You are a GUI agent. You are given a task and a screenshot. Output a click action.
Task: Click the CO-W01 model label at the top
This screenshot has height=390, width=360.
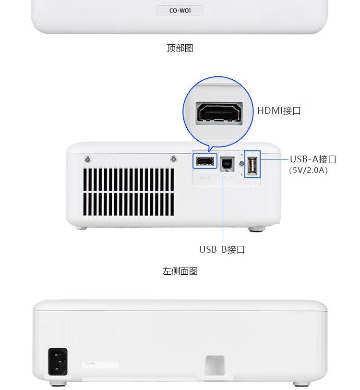pyautogui.click(x=180, y=11)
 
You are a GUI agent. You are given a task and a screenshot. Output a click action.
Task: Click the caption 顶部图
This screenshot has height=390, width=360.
pyautogui.click(x=180, y=48)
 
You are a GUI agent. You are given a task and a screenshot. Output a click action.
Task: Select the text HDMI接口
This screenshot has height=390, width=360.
pyautogui.click(x=279, y=110)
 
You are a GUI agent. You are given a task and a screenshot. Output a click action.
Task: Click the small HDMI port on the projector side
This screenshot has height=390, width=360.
pyautogui.click(x=205, y=160)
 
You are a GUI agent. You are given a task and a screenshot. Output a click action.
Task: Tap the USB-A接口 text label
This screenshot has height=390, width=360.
pyautogui.click(x=313, y=159)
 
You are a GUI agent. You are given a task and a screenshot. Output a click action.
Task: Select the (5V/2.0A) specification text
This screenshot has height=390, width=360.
pyautogui.click(x=308, y=170)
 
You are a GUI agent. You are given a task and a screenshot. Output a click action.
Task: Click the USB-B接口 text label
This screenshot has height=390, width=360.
pyautogui.click(x=222, y=249)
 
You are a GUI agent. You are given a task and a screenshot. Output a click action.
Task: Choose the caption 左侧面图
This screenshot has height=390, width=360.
pyautogui.click(x=180, y=271)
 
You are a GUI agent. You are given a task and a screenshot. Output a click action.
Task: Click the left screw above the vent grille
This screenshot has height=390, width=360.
pyautogui.click(x=87, y=159)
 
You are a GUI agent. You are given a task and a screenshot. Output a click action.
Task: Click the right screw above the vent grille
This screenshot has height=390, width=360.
pyautogui.click(x=173, y=159)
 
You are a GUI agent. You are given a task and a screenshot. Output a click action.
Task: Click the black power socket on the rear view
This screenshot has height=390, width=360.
pyautogui.click(x=58, y=362)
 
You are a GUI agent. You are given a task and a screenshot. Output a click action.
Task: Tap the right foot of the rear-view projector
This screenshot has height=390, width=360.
pyautogui.click(x=300, y=383)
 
